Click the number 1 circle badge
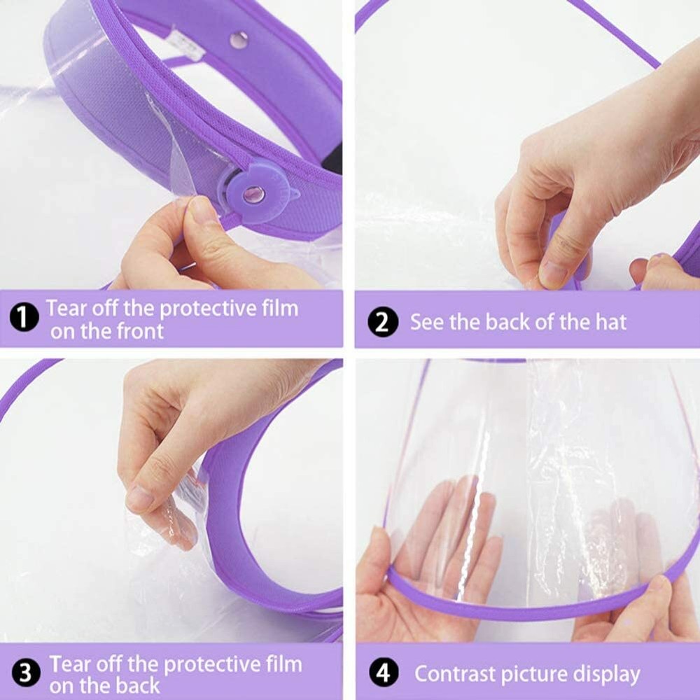pyautogui.click(x=24, y=318)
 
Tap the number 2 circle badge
pyautogui.click(x=383, y=323)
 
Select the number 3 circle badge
pyautogui.click(x=24, y=674)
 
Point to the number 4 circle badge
pyautogui.click(x=383, y=674)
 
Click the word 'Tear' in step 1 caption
pyautogui.click(x=69, y=308)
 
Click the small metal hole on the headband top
pyautogui.click(x=239, y=41)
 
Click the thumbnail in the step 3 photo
pyautogui.click(x=140, y=498)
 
